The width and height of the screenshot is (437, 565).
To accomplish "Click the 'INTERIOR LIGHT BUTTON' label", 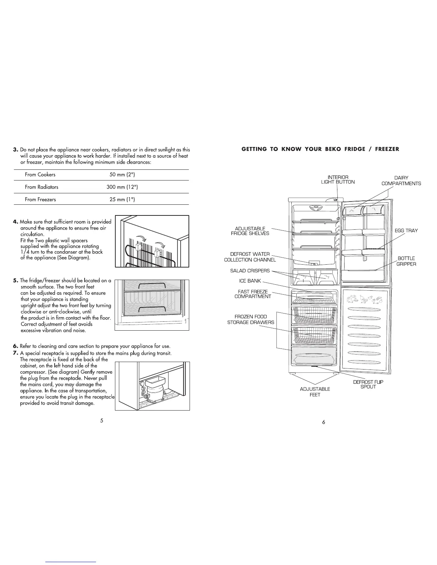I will click(337, 179).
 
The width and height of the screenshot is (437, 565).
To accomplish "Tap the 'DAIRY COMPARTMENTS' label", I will click(401, 180).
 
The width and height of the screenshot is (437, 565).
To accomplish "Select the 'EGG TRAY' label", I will click(406, 230).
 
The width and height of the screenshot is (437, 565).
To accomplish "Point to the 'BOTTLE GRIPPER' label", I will click(406, 261).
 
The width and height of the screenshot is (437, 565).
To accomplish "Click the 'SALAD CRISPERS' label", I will click(250, 271).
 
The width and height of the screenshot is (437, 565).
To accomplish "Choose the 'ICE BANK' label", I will click(250, 281).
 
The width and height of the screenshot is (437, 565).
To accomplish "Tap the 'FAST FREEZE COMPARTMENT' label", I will click(253, 294).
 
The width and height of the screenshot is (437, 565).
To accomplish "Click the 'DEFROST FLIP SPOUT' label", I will click(368, 384).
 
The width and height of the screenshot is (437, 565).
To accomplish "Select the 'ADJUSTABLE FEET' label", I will click(315, 392).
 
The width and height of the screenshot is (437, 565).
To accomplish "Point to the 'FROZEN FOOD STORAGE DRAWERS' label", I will click(251, 319).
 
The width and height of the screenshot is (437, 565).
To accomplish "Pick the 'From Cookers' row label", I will click(40, 175).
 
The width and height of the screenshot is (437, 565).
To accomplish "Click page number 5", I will click(102, 421).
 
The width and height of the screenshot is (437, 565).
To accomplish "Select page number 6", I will click(323, 422).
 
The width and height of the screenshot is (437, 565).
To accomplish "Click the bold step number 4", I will click(16, 222).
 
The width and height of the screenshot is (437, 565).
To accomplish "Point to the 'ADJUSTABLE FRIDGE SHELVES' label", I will click(250, 231).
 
